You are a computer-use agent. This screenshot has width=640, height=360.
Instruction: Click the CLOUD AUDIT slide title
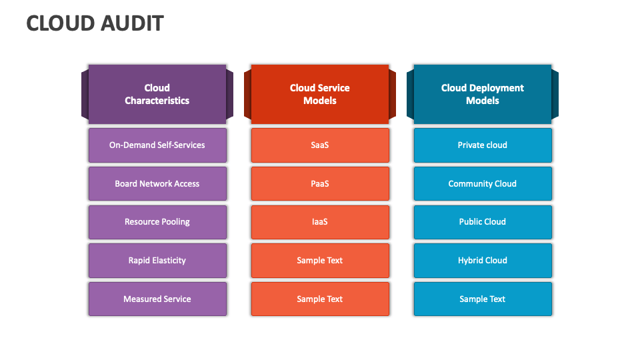tap(95, 23)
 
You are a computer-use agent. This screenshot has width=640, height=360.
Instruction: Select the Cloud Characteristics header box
tap(157, 94)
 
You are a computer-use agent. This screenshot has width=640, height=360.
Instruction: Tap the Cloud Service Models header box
tap(320, 94)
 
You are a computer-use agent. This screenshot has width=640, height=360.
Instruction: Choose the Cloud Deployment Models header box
tap(483, 94)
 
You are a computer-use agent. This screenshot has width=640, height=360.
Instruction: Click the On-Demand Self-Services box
tap(157, 145)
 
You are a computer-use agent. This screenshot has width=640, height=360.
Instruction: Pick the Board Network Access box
tap(157, 184)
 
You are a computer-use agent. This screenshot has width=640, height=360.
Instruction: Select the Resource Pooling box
tap(157, 222)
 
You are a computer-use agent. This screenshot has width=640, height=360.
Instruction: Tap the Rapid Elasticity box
tap(157, 261)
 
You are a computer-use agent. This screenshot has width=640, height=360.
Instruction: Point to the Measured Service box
tap(157, 299)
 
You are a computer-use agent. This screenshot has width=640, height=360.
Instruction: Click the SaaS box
tap(320, 145)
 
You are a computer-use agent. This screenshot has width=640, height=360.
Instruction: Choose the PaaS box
tap(320, 184)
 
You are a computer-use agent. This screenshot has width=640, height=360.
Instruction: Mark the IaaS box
tap(320, 222)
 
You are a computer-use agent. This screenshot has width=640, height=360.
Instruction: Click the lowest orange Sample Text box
tap(320, 299)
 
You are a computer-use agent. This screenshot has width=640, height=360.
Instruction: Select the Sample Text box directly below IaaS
tap(320, 261)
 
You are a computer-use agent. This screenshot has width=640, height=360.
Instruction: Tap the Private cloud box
tap(483, 145)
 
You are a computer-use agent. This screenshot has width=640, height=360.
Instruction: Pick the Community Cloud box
tap(483, 184)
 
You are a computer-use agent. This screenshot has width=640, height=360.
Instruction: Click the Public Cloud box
tap(483, 222)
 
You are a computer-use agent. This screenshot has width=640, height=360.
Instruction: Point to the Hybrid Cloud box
tap(483, 261)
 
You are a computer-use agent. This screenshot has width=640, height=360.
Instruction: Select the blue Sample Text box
tap(483, 299)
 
